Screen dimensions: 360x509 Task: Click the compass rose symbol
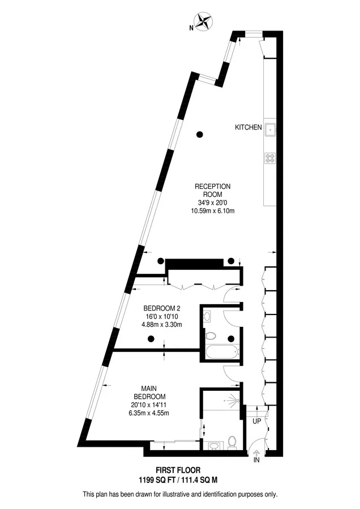point(204,21)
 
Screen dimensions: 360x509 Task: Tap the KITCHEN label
point(248,127)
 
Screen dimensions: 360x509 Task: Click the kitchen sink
point(270,130)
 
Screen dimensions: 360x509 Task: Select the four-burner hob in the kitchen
point(270,158)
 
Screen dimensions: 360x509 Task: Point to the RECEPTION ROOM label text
point(212,190)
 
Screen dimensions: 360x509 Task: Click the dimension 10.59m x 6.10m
point(213,211)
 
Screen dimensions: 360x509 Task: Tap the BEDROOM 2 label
point(162,308)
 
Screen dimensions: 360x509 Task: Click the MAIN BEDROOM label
point(149,392)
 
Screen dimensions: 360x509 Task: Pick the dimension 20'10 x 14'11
point(149,405)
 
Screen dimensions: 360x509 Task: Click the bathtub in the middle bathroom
point(222,352)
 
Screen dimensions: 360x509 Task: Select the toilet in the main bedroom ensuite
point(232,443)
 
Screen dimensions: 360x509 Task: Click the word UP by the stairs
point(256,421)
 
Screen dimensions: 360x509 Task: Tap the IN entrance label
point(256,460)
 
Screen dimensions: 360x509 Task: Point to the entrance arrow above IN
point(256,452)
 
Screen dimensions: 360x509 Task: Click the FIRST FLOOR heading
point(178,470)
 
